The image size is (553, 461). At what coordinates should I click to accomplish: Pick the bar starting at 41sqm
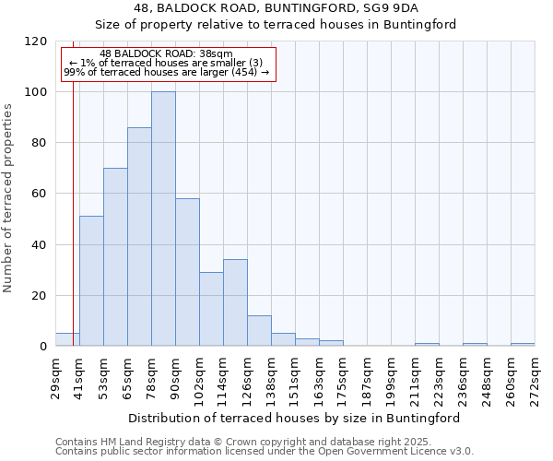[x=91, y=280]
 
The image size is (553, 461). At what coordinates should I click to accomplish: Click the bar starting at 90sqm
[x=187, y=272]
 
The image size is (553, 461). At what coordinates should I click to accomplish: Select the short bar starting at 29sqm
[x=67, y=339]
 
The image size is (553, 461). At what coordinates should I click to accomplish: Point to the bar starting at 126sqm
[x=259, y=330]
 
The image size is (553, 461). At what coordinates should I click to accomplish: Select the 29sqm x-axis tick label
[x=56, y=377]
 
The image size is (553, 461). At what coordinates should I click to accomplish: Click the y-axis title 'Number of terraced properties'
[x=8, y=198]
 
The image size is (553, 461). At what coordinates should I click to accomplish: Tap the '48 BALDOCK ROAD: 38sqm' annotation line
[x=166, y=54]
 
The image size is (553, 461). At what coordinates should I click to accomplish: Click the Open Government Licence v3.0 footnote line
[x=265, y=451]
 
